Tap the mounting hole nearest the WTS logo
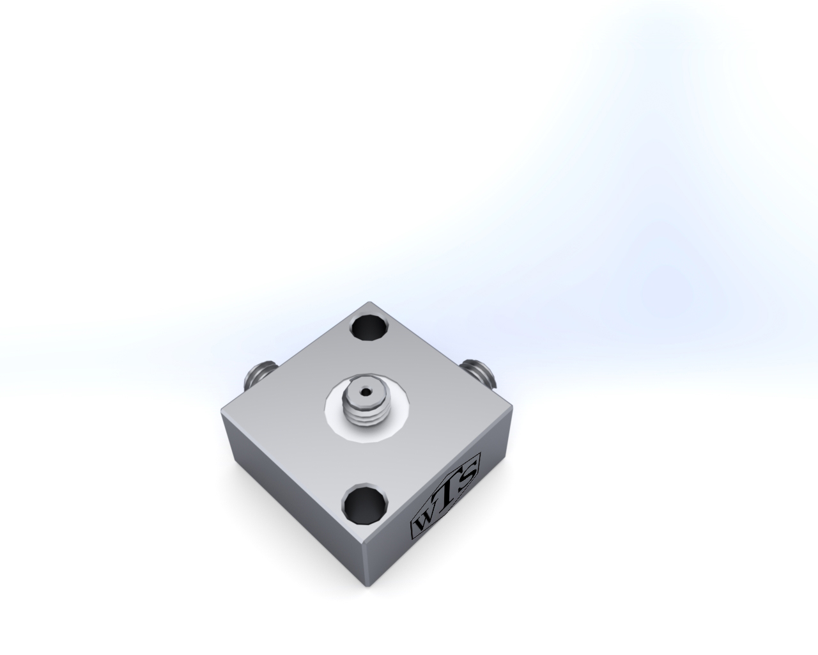(366, 504)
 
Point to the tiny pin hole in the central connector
(366, 391)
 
